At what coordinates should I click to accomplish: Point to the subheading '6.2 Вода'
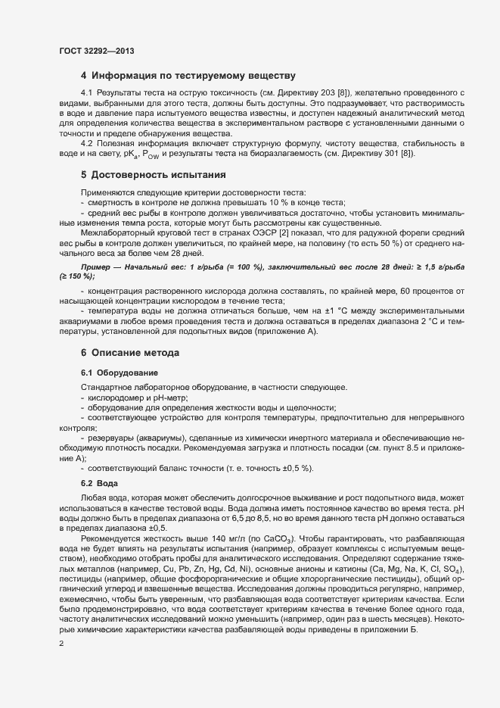[x=97, y=483]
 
